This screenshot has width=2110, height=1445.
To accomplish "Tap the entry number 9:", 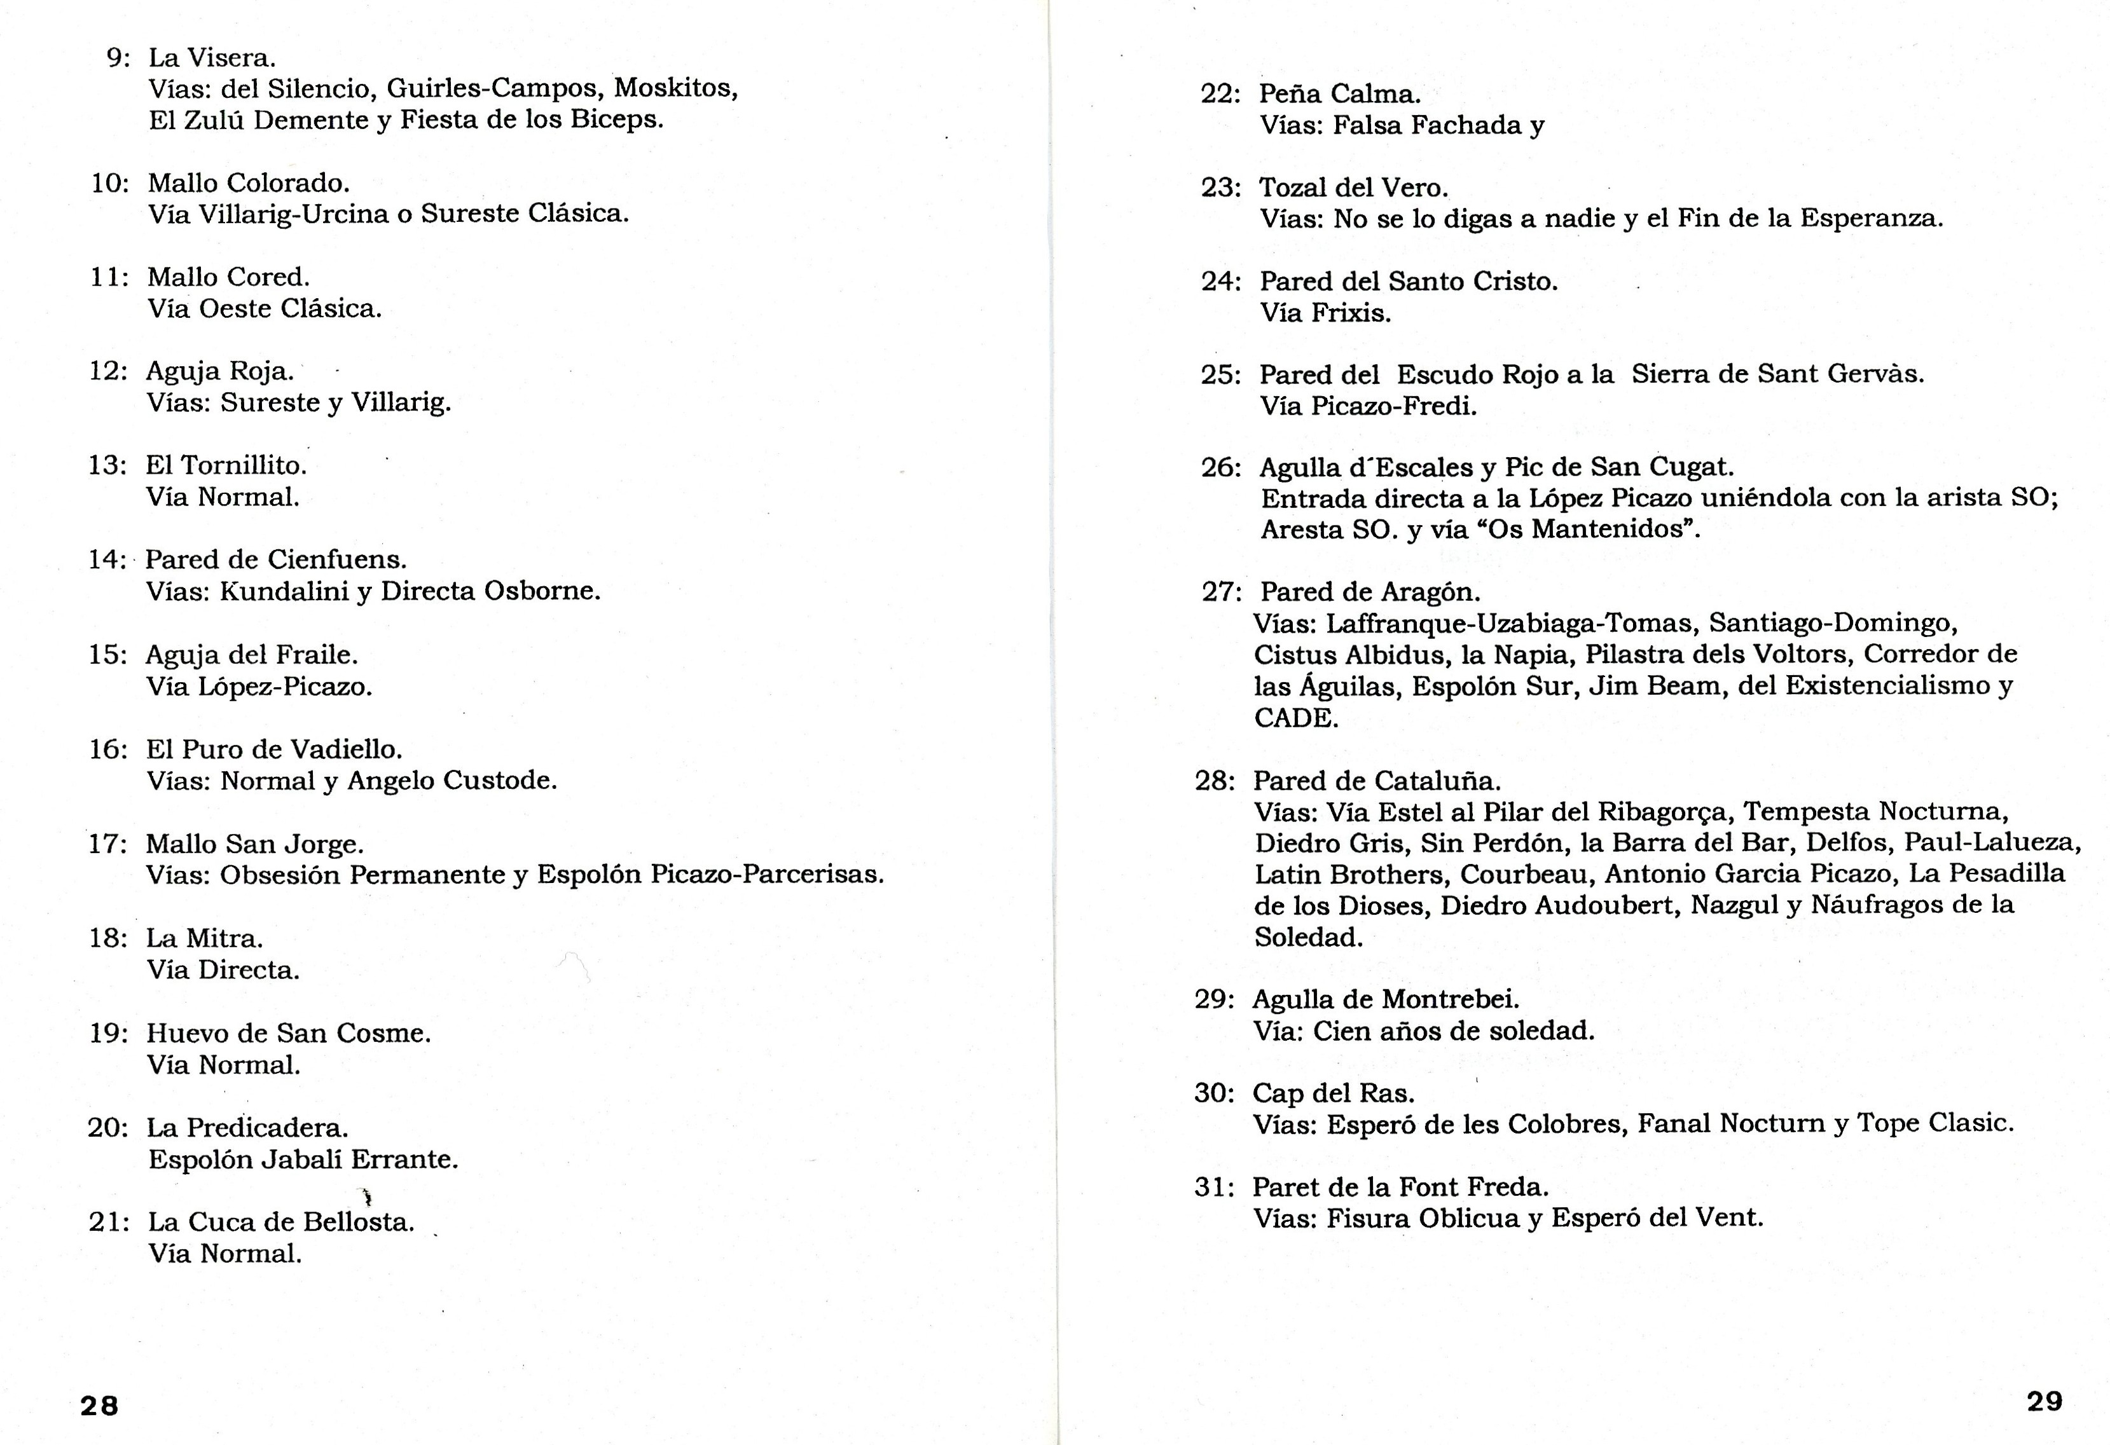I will (x=118, y=58).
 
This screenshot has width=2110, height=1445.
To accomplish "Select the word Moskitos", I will (x=675, y=89).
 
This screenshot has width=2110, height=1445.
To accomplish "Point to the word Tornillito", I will (x=244, y=465).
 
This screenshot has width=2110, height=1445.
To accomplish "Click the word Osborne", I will (x=541, y=592).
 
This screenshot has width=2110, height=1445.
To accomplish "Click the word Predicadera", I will (x=268, y=1128).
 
